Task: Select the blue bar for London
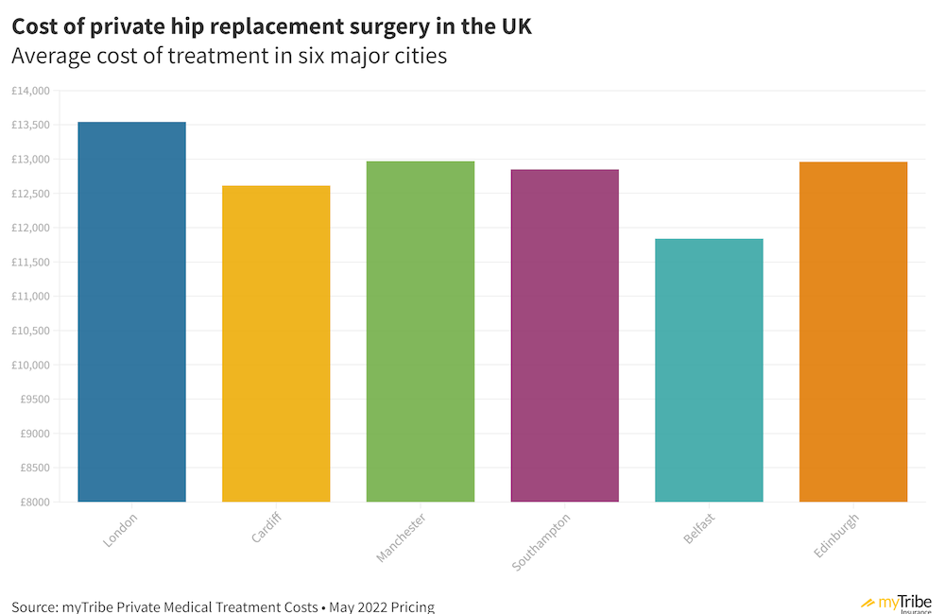click(132, 312)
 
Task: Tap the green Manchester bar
click(421, 331)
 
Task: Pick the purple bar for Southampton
click(565, 335)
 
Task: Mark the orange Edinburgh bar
click(853, 332)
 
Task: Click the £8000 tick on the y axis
click(34, 502)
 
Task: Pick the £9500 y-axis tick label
click(34, 399)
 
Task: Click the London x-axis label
click(120, 531)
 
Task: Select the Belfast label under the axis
click(699, 528)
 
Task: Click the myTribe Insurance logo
click(897, 603)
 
